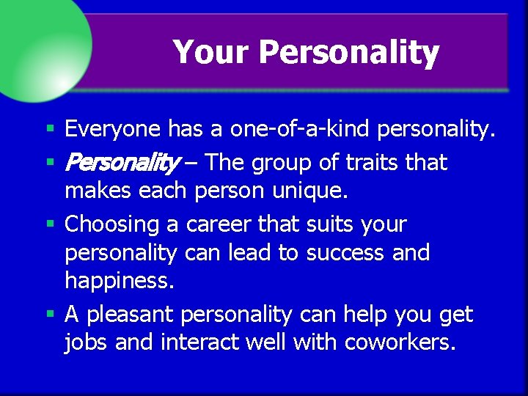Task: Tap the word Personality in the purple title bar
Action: point(348,53)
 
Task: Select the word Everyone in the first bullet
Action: point(112,130)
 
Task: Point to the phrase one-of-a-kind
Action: point(300,130)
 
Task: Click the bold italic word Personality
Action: point(122,162)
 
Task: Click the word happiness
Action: point(120,279)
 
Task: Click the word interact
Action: point(202,342)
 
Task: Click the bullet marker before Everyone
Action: point(50,130)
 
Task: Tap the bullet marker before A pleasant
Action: point(50,315)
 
